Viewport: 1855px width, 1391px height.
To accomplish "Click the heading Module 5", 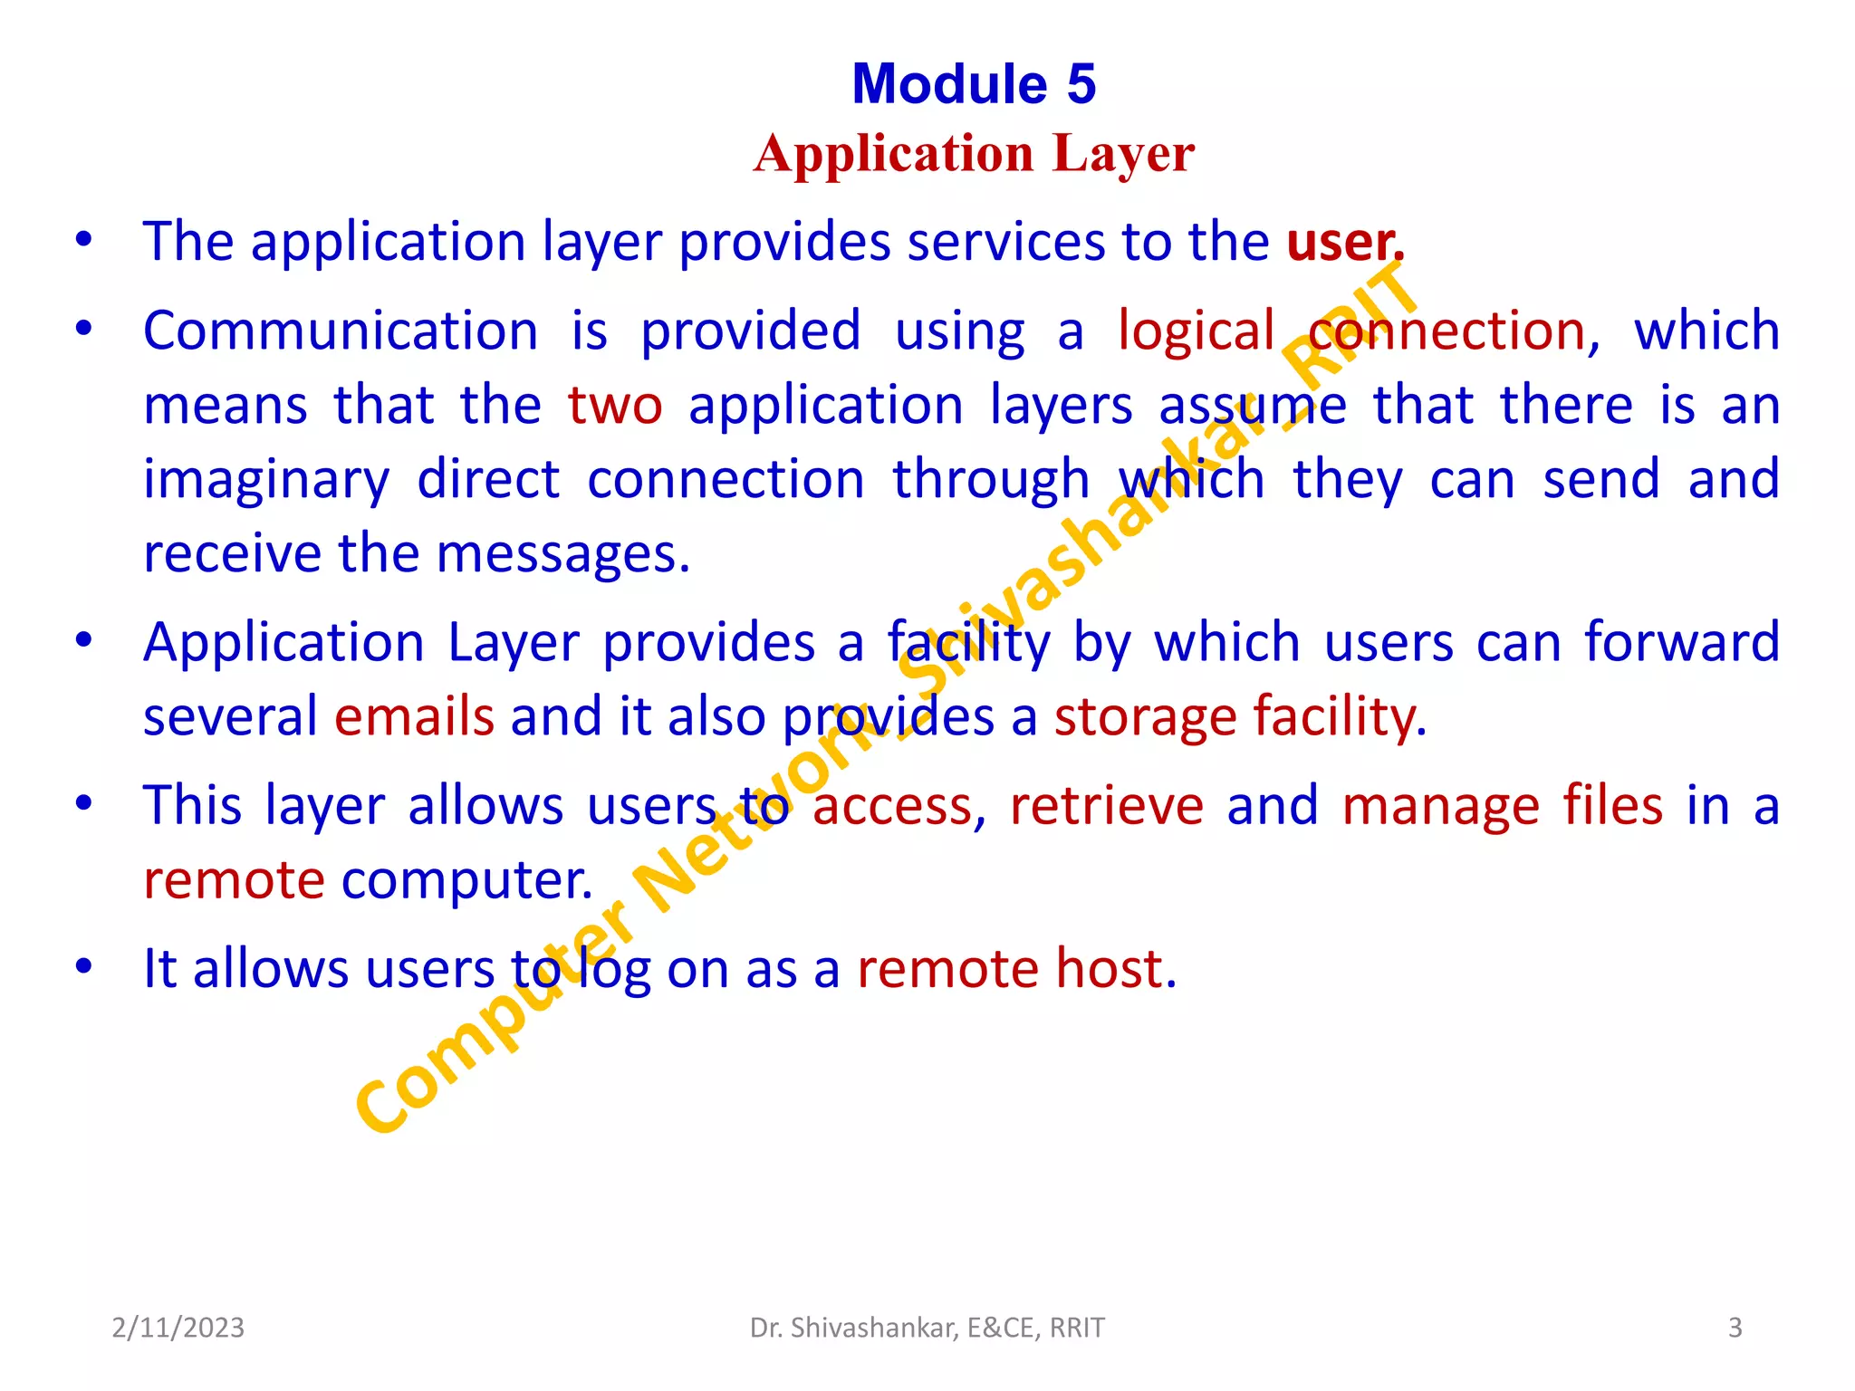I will point(974,84).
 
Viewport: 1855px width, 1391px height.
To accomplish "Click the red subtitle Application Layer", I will point(974,153).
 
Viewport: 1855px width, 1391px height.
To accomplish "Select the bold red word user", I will point(1343,242).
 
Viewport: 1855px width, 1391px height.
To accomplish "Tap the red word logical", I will point(1196,331).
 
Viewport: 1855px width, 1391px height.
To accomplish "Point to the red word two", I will point(615,406).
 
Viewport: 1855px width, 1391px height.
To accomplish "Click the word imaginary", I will point(266,480).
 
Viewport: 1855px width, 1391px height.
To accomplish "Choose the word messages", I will point(562,553).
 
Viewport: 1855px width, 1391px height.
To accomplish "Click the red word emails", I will point(414,717).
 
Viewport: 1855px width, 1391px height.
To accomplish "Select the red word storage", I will point(1145,717).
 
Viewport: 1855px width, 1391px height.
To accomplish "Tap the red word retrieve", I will point(1106,806).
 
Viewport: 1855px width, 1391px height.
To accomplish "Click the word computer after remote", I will point(466,880).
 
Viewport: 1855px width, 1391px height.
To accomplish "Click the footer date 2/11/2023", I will point(178,1328).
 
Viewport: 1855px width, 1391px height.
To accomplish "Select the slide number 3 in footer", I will point(1735,1328).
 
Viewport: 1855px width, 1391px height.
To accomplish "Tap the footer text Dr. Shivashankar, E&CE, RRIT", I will point(927,1328).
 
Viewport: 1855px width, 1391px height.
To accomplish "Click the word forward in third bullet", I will point(1681,643).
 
